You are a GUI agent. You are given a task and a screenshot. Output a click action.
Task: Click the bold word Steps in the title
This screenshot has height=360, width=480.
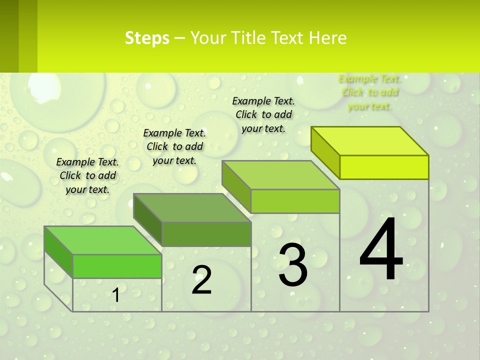tap(147, 38)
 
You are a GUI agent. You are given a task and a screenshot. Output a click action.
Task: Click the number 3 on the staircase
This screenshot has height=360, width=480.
tap(293, 265)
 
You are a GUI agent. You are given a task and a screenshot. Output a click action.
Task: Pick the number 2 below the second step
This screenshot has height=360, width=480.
tap(201, 280)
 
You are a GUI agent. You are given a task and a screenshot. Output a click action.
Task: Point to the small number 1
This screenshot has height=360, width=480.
tap(116, 295)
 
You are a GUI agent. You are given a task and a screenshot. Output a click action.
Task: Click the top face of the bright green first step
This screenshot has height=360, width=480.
tap(102, 240)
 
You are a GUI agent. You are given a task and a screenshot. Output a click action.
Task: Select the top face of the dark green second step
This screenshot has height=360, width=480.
tap(192, 207)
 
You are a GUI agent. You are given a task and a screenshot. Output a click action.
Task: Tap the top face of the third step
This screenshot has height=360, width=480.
tap(281, 175)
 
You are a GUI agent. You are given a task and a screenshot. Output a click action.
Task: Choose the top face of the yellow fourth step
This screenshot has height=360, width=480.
tap(370, 141)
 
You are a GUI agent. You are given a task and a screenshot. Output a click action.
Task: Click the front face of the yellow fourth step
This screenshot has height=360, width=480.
tap(384, 167)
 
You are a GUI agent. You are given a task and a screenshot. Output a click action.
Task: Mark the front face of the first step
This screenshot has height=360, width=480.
tap(117, 266)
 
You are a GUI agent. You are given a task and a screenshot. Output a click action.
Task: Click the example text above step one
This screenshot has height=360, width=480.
tap(87, 175)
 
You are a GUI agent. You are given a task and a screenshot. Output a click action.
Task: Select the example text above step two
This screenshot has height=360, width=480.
tap(174, 146)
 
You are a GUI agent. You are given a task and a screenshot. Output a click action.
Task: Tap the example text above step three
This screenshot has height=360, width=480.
tap(263, 114)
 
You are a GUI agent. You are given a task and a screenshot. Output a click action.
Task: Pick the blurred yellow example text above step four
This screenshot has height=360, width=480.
tap(369, 92)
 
